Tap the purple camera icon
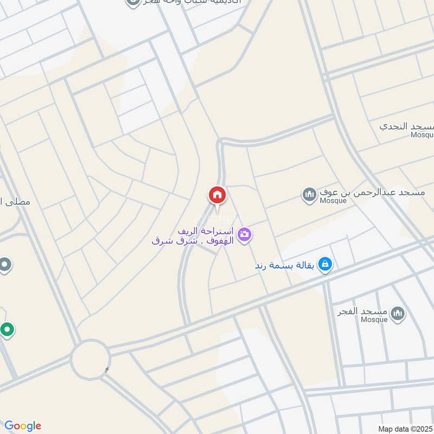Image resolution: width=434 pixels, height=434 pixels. pos(245,234)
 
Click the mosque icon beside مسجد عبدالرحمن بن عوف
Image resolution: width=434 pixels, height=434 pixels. pos(309,194)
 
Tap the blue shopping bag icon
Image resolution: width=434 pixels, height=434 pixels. pos(325,264)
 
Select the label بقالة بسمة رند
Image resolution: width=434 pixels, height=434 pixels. pos(286,266)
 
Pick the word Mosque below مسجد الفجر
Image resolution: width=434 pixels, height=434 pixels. pos(374,320)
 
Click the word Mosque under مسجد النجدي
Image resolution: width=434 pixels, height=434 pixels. pos(422,135)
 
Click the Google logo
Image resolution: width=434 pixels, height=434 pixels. pos(23,426)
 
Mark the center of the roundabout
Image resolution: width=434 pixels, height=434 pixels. pos(91,359)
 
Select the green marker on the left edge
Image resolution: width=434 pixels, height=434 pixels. pos(7,329)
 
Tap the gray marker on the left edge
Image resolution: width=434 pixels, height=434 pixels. pos(5,265)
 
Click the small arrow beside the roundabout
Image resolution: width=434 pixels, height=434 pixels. pos(107,370)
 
